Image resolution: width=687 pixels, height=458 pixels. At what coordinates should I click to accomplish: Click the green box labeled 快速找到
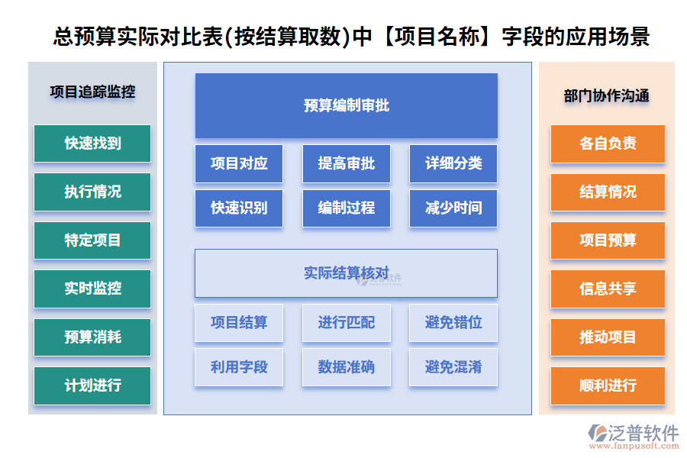tap(92, 144)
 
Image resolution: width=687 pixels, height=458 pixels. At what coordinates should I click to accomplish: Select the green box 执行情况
tap(92, 192)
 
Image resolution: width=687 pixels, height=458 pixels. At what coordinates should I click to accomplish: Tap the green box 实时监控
tap(92, 289)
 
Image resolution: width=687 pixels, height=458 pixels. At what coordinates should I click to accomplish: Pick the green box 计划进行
tap(92, 385)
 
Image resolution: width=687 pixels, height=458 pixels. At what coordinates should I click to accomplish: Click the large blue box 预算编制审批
tap(346, 105)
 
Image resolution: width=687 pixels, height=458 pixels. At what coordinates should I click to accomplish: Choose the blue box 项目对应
tap(239, 163)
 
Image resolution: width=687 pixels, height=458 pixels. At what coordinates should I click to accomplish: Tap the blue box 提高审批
tap(346, 163)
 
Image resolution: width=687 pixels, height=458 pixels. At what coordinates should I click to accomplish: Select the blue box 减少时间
tap(453, 208)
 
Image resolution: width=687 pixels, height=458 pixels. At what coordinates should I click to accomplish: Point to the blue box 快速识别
tap(239, 208)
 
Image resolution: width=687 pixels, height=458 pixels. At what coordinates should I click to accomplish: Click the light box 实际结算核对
tap(346, 273)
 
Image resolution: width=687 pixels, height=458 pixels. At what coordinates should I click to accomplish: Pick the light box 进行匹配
tap(346, 323)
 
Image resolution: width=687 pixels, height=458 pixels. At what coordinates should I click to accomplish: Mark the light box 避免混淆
tap(453, 367)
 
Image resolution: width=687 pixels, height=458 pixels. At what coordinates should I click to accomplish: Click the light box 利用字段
tap(239, 367)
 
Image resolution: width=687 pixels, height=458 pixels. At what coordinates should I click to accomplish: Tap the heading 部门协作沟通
tap(607, 95)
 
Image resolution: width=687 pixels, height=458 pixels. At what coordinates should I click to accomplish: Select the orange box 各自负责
tap(608, 144)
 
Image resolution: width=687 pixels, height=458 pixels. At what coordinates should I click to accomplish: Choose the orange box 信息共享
tap(608, 289)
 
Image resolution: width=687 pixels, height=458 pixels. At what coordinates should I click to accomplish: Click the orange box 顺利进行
tap(608, 385)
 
